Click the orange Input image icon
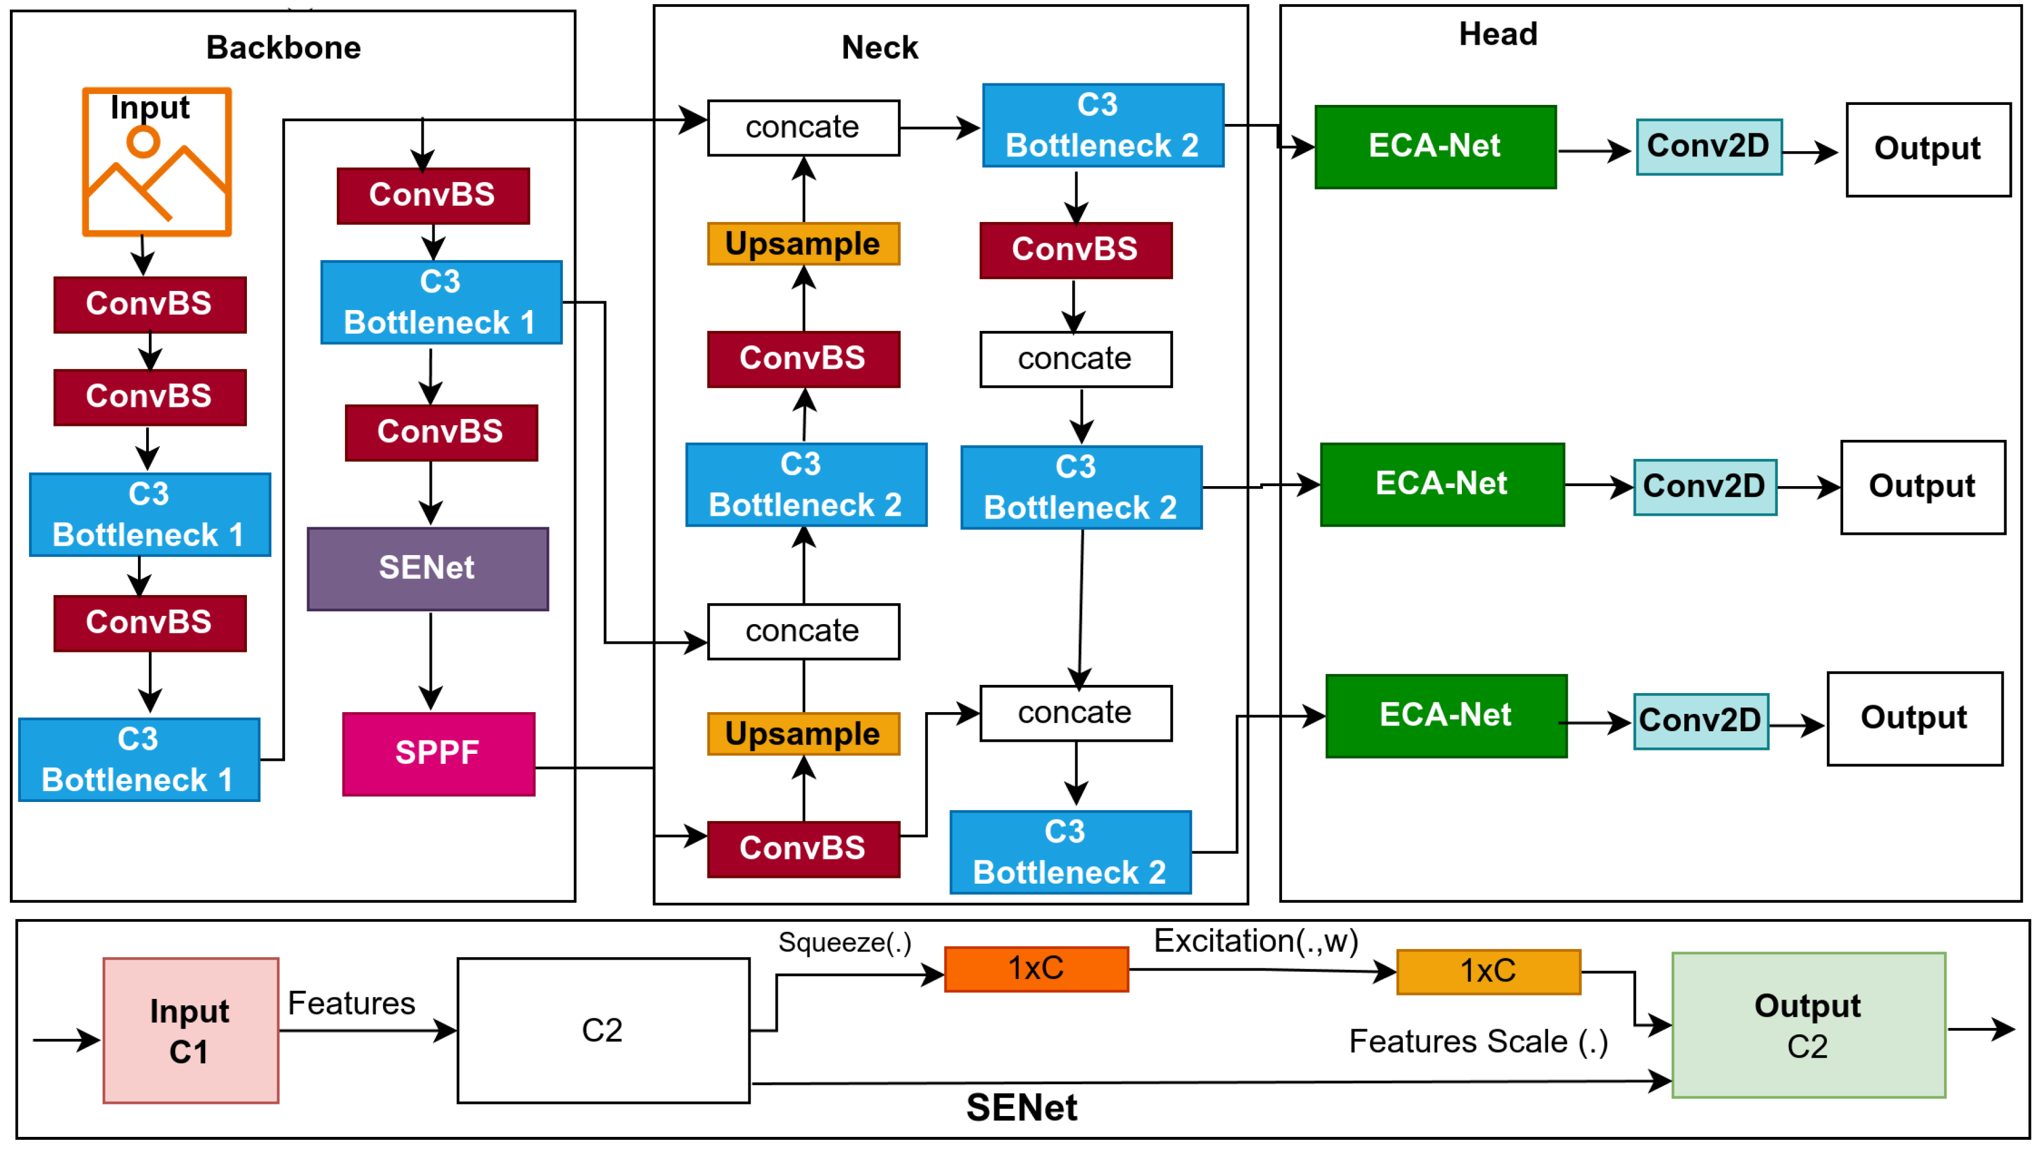(156, 162)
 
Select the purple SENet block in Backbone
(427, 568)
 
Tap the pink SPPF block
(438, 753)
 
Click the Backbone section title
(283, 48)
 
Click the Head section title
(1497, 34)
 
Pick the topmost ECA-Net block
(1435, 147)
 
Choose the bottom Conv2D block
(1700, 721)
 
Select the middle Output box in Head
(1922, 487)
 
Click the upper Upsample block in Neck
(803, 244)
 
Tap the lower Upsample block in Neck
(803, 734)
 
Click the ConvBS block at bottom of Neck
(803, 849)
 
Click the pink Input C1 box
(191, 1031)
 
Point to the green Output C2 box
(1808, 1025)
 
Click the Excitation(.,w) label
(1255, 941)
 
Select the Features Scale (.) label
(1477, 1042)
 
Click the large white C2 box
(603, 1031)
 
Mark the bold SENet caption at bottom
(1021, 1107)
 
